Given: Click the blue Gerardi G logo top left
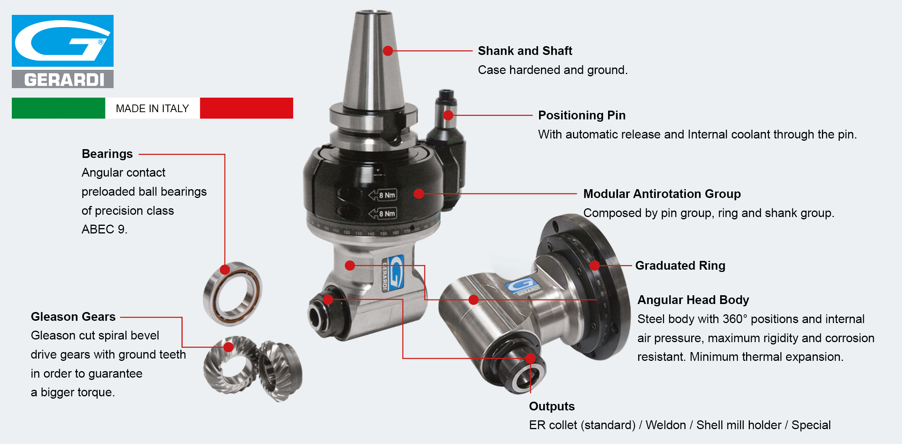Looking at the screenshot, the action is [x=63, y=41].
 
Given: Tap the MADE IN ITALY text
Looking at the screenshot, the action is [x=152, y=109].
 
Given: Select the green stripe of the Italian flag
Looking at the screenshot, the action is [x=58, y=108].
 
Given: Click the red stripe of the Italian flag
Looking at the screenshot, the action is [x=246, y=108].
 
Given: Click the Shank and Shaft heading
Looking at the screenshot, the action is [x=525, y=51].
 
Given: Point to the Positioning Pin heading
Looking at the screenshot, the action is [x=582, y=115].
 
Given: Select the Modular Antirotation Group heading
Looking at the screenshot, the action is [x=662, y=194].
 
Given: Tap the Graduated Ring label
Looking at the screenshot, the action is [x=680, y=265].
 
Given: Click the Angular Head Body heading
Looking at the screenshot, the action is [x=693, y=300].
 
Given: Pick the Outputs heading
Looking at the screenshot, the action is [x=552, y=406].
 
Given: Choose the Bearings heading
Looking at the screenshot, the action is [x=107, y=154].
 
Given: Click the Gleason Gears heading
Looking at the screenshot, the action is [x=73, y=317].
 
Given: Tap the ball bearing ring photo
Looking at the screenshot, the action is [x=232, y=294].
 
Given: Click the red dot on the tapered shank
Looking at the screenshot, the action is [x=388, y=51].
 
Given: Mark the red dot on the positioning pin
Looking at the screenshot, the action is [x=448, y=115].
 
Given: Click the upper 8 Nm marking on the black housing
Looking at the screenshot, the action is [x=383, y=195].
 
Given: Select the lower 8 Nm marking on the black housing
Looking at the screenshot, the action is [x=383, y=213].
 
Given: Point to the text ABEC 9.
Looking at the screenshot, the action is [x=104, y=229].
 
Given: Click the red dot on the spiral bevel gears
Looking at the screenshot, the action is [x=228, y=347].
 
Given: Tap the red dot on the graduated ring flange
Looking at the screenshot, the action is [x=595, y=265].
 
